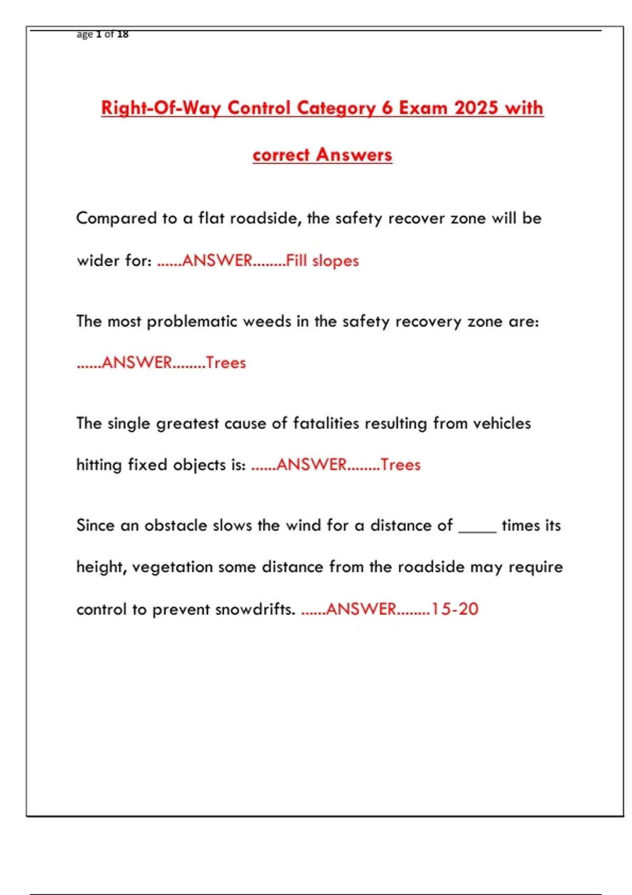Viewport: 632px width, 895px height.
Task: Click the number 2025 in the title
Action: (476, 108)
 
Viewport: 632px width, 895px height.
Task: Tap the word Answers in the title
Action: (354, 155)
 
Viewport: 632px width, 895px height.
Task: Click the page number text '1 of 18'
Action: (112, 34)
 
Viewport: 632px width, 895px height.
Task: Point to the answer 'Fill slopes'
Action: (322, 261)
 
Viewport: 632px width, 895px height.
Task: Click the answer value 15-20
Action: (455, 609)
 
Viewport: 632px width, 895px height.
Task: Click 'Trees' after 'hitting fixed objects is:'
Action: (401, 465)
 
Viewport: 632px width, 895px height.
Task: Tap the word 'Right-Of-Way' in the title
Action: (161, 108)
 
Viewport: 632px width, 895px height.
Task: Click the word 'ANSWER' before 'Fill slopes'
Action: (217, 261)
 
